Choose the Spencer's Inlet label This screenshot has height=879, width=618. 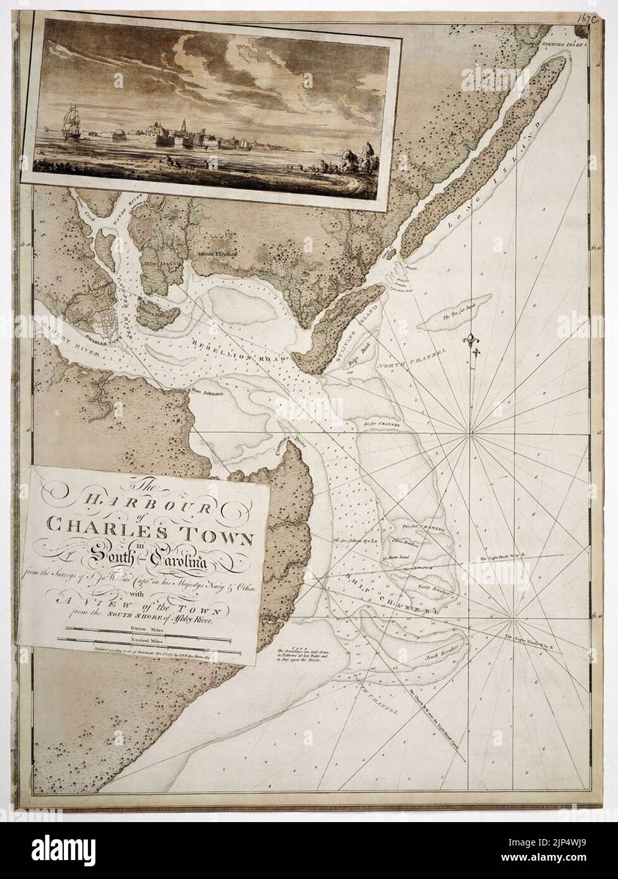coord(563,45)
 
